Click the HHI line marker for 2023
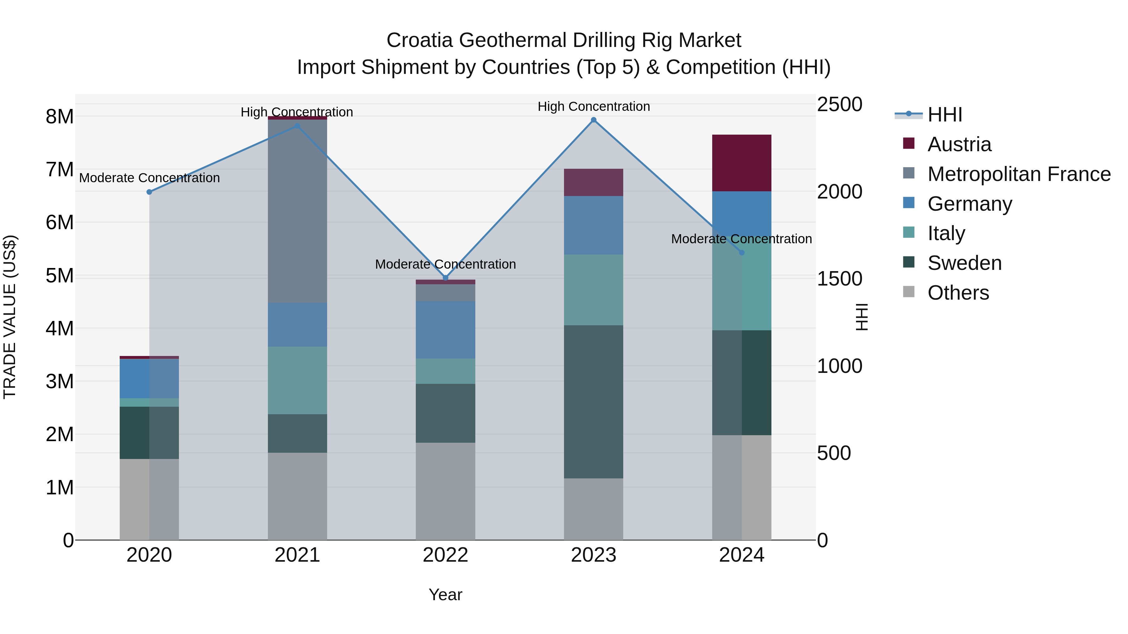coord(593,120)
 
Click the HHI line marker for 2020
coord(149,192)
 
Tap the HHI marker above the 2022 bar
coord(445,278)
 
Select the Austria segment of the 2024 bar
coord(741,163)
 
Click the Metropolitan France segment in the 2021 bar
coord(297,211)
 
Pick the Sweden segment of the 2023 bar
coord(593,401)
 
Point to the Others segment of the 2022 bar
coord(445,491)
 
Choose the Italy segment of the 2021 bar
coord(297,380)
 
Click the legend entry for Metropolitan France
coord(1019,174)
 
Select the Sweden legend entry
coord(964,263)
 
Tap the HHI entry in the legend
coord(944,115)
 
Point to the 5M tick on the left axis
coord(60,276)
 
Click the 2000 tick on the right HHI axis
coord(839,192)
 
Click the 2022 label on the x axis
coord(445,555)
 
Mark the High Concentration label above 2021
coord(297,112)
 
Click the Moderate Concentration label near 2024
coord(741,239)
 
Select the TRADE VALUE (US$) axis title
coord(10,317)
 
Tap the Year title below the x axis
coord(445,595)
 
